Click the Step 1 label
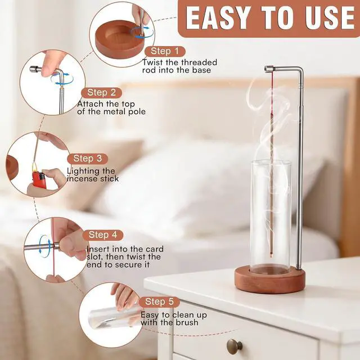pos(165,51)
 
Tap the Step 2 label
pos(101,93)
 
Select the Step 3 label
pos(88,159)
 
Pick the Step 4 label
pos(103,235)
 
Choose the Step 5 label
pos(159,302)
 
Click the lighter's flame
pos(35,167)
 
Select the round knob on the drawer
pos(235,346)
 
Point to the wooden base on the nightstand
pos(270,280)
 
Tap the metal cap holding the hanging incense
pos(269,69)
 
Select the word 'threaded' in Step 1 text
pos(199,62)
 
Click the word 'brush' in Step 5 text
pos(187,322)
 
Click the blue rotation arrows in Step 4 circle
pos(44,246)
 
